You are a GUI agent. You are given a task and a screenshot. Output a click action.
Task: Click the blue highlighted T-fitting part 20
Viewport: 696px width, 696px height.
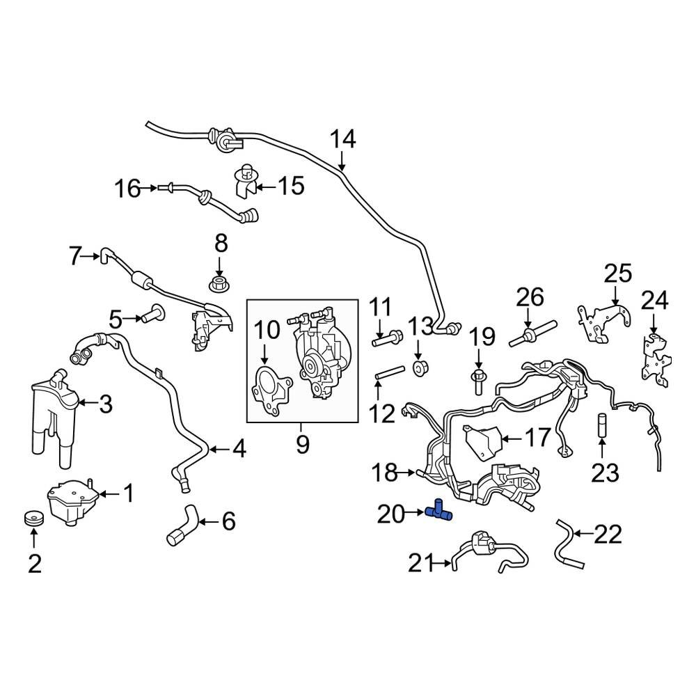pyautogui.click(x=439, y=512)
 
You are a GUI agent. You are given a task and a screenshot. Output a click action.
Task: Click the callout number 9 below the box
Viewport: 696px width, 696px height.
pyautogui.click(x=302, y=443)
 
